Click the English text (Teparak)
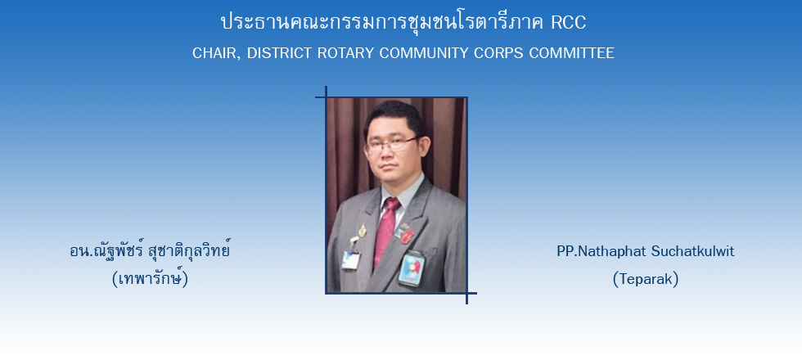click(646, 279)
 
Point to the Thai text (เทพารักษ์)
click(150, 279)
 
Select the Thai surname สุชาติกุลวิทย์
click(189, 251)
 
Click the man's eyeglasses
click(392, 144)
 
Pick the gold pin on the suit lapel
click(362, 231)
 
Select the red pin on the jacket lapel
click(408, 236)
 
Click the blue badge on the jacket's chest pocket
click(411, 268)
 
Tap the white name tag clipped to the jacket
click(351, 259)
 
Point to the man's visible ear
click(426, 147)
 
